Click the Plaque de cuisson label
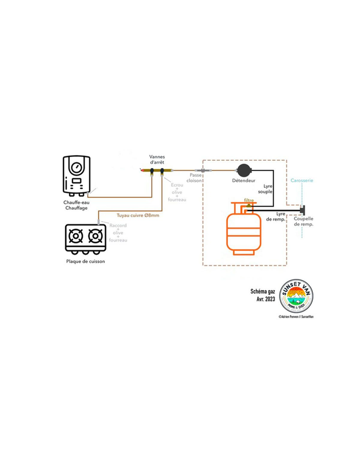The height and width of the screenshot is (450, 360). pos(85,261)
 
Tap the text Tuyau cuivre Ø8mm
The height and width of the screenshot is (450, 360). pos(138,215)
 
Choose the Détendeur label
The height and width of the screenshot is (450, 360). pos(244,181)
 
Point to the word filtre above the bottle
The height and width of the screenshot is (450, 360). pos(249,200)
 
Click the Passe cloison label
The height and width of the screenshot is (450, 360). pos(196,178)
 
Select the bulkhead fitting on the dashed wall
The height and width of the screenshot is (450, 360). pos(202,169)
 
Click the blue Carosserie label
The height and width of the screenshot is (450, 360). pos(303,181)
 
